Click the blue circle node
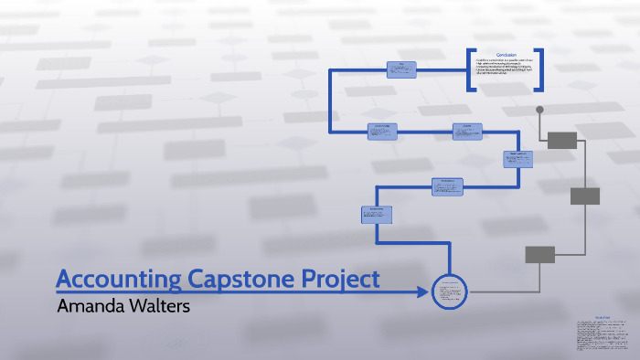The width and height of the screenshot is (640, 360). [449, 291]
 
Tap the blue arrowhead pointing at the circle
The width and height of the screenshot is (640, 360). [421, 292]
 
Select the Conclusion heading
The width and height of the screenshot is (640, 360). [506, 55]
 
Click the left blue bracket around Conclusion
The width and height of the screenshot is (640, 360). [471, 69]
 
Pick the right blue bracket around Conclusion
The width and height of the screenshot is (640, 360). [539, 69]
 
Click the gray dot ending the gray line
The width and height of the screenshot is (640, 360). [539, 110]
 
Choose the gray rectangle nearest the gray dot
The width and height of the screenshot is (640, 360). [562, 140]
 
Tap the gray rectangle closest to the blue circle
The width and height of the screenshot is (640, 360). [539, 254]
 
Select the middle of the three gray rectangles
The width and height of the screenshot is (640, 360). [584, 196]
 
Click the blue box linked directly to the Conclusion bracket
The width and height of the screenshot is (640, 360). [400, 69]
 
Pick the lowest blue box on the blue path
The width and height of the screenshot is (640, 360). [377, 214]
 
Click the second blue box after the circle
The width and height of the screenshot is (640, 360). [447, 185]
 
